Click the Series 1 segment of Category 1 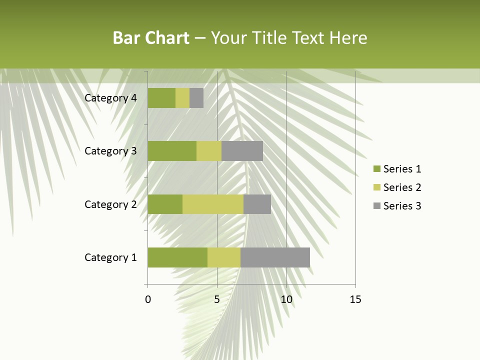tap(177, 257)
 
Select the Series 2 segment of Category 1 tap(224, 257)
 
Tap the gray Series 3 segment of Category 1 tap(275, 257)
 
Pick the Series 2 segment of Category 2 tap(213, 204)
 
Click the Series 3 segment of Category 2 tap(257, 204)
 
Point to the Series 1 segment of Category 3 tap(172, 151)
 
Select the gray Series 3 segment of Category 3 tap(242, 151)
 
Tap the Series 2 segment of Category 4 tap(182, 98)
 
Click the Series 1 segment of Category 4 tap(161, 98)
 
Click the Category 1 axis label tap(110, 257)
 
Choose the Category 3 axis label tap(110, 151)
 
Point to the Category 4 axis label tap(110, 98)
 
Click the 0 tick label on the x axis tap(148, 299)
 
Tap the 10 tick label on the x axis tap(286, 299)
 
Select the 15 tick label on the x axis tap(355, 299)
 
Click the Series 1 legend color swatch tap(376, 169)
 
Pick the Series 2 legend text tap(402, 187)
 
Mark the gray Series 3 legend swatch tap(376, 206)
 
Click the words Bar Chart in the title tap(151, 38)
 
